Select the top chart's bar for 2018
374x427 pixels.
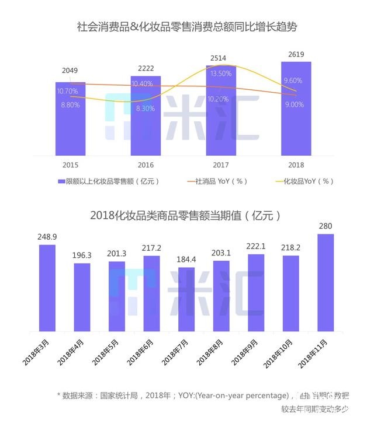point(296,111)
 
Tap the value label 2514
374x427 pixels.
point(217,58)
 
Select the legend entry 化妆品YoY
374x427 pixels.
point(309,181)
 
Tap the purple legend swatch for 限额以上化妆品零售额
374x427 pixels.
point(61,181)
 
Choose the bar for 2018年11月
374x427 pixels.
point(325,282)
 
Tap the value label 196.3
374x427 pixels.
point(82,255)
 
